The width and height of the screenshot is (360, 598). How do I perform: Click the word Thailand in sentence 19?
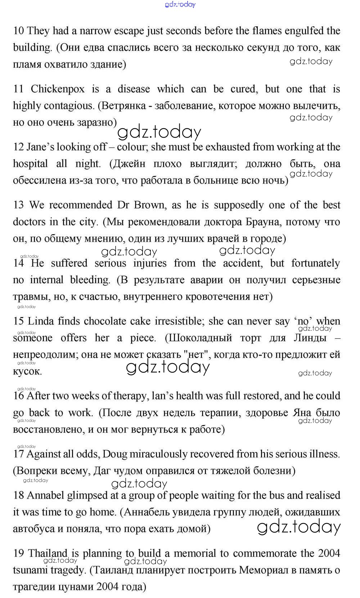[48, 553]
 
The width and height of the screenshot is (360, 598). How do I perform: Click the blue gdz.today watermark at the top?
[180, 4]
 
